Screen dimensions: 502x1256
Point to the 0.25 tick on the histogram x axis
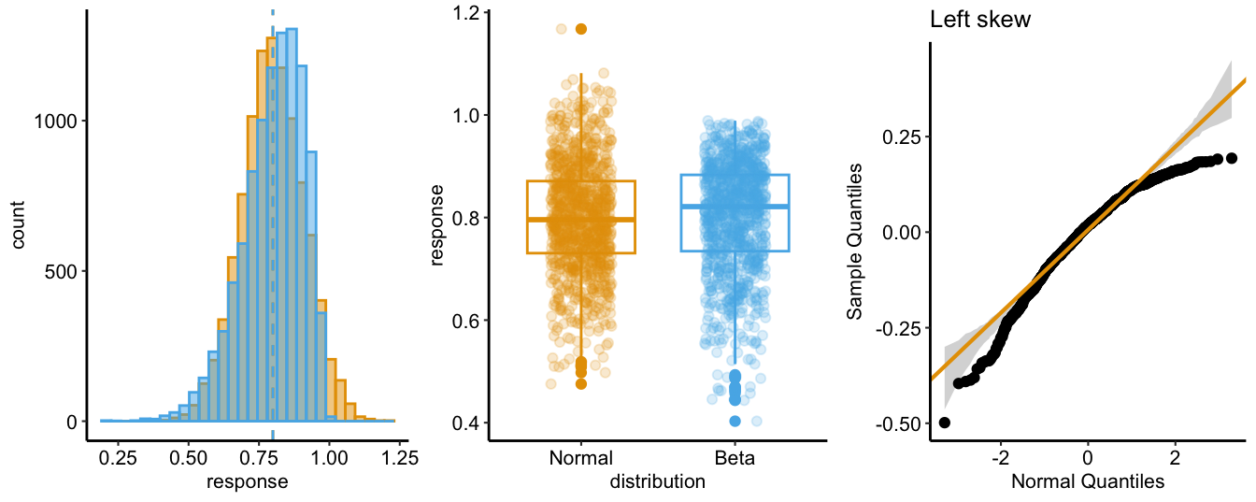click(x=118, y=459)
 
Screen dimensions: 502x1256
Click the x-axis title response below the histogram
click(x=247, y=482)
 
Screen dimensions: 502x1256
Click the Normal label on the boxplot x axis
click(x=581, y=459)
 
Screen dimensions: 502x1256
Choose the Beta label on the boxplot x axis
click(x=735, y=459)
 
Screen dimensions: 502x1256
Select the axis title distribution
click(x=657, y=482)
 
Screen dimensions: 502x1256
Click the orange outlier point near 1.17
click(x=581, y=29)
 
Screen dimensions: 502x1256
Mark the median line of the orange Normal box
click(x=581, y=220)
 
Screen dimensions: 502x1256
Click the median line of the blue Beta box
click(x=735, y=206)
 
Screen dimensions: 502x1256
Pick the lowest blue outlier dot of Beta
click(x=735, y=421)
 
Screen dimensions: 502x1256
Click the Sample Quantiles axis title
click(x=855, y=242)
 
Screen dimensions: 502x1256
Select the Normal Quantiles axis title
click(x=1088, y=482)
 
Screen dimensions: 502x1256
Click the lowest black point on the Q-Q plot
click(x=945, y=423)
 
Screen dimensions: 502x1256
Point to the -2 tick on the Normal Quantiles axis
click(x=1001, y=459)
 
